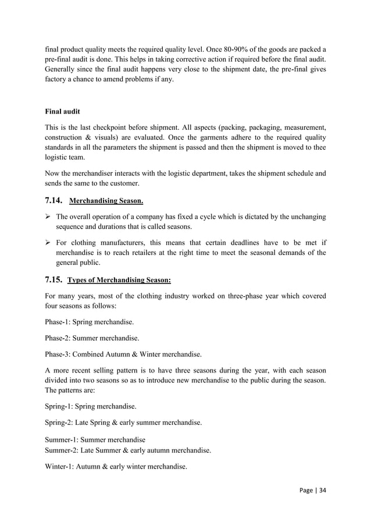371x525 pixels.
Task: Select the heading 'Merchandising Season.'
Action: [x=106, y=202]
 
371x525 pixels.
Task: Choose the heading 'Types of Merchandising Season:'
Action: [x=119, y=279]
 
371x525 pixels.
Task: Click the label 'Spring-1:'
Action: [x=59, y=407]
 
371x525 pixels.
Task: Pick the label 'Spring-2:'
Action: [x=59, y=423]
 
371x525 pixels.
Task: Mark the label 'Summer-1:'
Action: [x=62, y=440]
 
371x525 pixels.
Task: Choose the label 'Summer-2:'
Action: [x=62, y=450]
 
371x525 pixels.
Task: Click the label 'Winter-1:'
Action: [x=60, y=466]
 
